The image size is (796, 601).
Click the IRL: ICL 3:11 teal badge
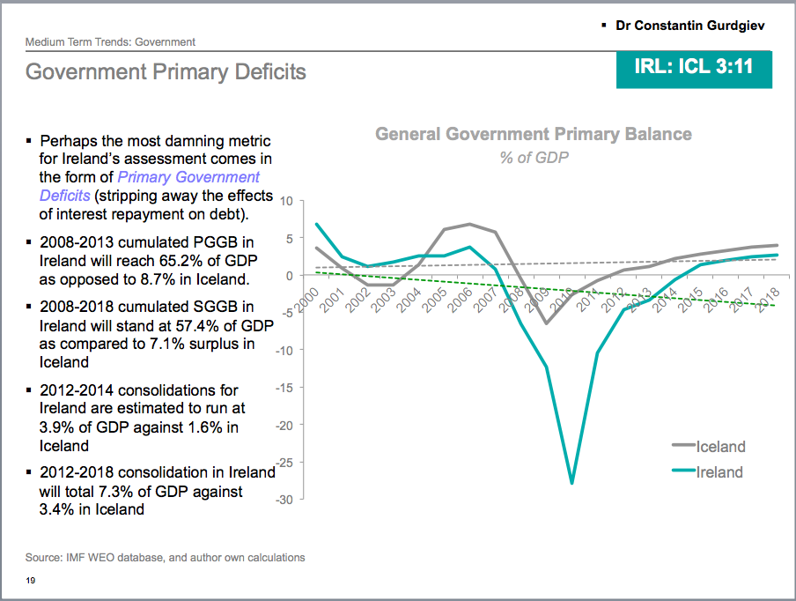(x=693, y=67)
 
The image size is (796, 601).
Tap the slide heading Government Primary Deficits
(x=166, y=71)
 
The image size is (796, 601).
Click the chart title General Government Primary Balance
(x=533, y=134)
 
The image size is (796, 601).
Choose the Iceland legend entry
(x=719, y=447)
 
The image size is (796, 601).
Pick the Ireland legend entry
(x=719, y=472)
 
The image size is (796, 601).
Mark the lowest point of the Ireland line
(x=571, y=483)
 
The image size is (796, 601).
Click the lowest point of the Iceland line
(x=546, y=323)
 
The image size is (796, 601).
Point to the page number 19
(x=30, y=580)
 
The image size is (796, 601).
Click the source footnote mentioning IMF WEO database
(x=166, y=557)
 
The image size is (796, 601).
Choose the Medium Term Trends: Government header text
(x=110, y=41)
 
